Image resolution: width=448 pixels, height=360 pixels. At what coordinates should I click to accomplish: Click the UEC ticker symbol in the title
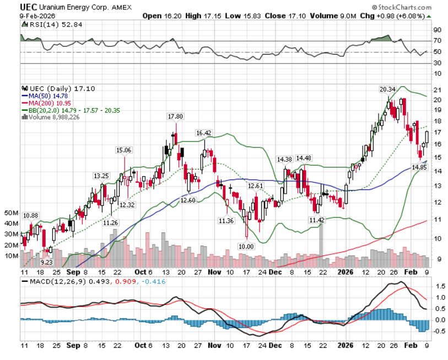(29, 7)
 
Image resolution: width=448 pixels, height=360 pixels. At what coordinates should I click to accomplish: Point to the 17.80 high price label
(175, 116)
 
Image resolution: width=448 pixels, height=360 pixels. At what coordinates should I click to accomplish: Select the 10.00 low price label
(246, 246)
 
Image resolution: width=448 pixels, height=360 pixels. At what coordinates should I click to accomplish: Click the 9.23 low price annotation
(46, 263)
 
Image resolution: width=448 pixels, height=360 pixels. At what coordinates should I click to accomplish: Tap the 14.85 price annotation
(419, 167)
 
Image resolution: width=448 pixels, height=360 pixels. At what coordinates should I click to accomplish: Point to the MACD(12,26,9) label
(49, 283)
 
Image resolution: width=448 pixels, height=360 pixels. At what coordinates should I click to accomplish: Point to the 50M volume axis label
(12, 212)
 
